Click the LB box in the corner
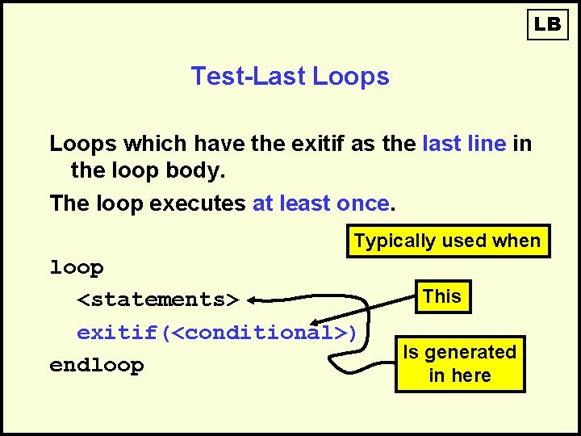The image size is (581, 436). [547, 24]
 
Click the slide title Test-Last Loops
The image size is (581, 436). [290, 76]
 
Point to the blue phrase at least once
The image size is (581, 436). [321, 203]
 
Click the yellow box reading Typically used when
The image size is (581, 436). [448, 241]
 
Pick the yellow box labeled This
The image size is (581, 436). [442, 296]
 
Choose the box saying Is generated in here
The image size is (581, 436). [459, 363]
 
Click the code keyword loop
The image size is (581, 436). [77, 267]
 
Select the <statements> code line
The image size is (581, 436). [158, 300]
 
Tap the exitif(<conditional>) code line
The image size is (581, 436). [217, 333]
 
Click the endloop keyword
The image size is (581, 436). [97, 365]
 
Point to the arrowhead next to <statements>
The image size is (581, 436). [253, 300]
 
